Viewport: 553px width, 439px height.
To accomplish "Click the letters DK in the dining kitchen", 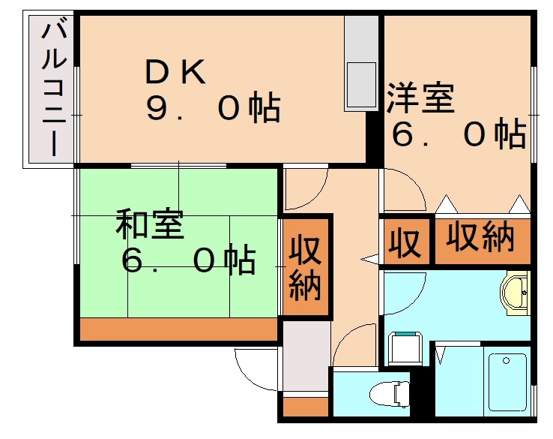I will [x=175, y=73].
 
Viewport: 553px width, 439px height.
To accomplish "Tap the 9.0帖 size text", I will [x=213, y=110].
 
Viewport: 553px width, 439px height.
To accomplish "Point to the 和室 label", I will [x=149, y=224].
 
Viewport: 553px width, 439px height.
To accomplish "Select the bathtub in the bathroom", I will [x=508, y=383].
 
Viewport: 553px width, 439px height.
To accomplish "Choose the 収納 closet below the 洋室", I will [x=481, y=239].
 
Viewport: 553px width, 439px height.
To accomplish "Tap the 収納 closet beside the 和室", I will [x=305, y=267].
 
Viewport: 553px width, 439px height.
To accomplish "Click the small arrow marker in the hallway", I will [x=369, y=260].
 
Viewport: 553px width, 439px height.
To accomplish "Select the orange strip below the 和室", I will [x=177, y=329].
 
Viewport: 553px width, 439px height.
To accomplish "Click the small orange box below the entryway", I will [x=306, y=407].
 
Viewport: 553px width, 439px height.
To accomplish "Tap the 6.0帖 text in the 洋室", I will [x=459, y=135].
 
